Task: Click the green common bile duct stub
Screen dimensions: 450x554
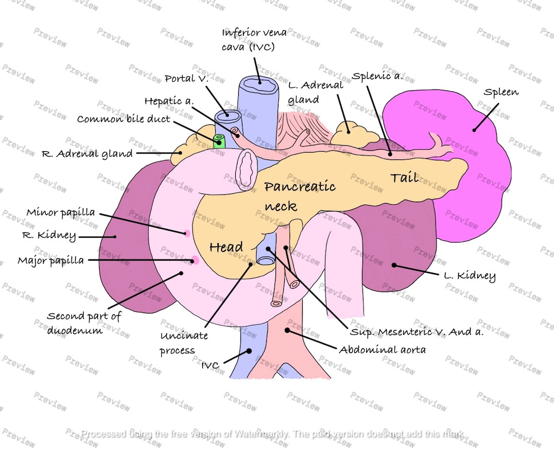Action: pyautogui.click(x=219, y=141)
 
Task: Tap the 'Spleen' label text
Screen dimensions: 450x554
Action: pyautogui.click(x=501, y=92)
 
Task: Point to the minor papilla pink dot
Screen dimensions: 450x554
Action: pyautogui.click(x=186, y=233)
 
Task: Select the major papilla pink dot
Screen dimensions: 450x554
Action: pyautogui.click(x=194, y=260)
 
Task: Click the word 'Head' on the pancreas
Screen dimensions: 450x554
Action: pyautogui.click(x=226, y=247)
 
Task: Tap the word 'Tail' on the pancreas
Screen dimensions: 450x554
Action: pyautogui.click(x=404, y=177)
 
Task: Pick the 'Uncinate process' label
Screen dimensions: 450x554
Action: pyautogui.click(x=184, y=343)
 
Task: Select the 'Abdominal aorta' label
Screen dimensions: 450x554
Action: pyautogui.click(x=382, y=349)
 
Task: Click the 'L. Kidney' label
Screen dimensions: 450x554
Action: pyautogui.click(x=469, y=277)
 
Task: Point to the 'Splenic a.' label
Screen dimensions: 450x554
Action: pyautogui.click(x=378, y=77)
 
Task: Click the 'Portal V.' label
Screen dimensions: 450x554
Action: pyautogui.click(x=186, y=78)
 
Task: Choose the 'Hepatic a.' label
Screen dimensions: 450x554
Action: pyautogui.click(x=169, y=101)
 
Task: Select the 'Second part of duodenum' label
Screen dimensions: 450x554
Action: pyautogui.click(x=84, y=323)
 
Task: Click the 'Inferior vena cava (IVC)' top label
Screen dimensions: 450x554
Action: pyautogui.click(x=254, y=40)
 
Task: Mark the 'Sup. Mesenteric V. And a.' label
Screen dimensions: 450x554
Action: pyautogui.click(x=416, y=332)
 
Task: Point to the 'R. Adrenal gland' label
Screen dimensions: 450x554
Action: pyautogui.click(x=87, y=154)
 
